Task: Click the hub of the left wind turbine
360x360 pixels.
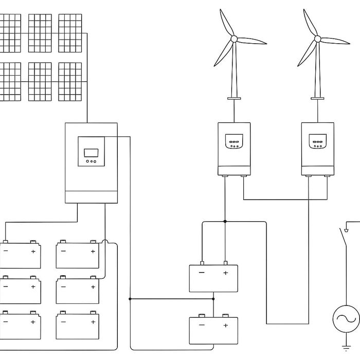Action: point(233,39)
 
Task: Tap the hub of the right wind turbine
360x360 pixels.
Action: point(317,39)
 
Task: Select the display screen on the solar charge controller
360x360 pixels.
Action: point(91,152)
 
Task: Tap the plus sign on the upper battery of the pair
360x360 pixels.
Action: point(225,273)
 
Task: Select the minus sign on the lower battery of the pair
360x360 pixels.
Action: point(202,325)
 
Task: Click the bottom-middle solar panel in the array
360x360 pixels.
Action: point(40,81)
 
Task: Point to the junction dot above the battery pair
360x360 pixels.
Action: point(225,222)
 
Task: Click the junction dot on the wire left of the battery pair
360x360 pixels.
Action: point(130,298)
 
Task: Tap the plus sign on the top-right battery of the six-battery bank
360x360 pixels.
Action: point(93,251)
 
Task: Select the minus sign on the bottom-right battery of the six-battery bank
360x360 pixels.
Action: point(63,322)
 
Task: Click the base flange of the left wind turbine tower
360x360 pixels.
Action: point(234,98)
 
